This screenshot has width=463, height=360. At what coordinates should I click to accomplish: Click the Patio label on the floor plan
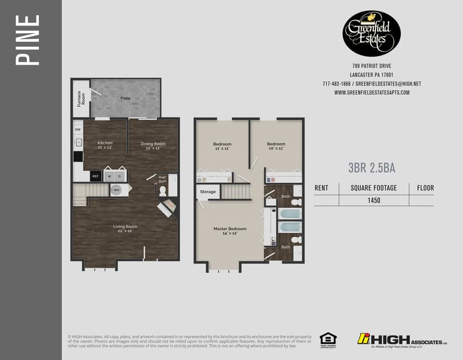pyautogui.click(x=125, y=98)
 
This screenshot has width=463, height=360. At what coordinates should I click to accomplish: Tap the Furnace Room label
pyautogui.click(x=81, y=98)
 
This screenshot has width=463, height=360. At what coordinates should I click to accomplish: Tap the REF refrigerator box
pyautogui.click(x=96, y=177)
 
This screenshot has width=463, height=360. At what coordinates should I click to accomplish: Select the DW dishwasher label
pyautogui.click(x=78, y=130)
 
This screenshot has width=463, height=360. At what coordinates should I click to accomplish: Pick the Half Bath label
pyautogui.click(x=162, y=179)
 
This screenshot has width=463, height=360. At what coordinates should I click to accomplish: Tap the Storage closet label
pyautogui.click(x=208, y=191)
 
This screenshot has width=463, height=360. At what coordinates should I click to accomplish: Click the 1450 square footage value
pyautogui.click(x=374, y=201)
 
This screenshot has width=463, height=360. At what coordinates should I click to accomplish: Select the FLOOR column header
pyautogui.click(x=425, y=187)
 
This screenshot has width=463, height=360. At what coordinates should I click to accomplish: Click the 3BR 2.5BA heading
pyautogui.click(x=372, y=168)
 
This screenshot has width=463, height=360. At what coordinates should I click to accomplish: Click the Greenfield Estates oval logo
pyautogui.click(x=372, y=33)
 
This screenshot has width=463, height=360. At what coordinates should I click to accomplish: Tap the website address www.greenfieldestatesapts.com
pyautogui.click(x=372, y=93)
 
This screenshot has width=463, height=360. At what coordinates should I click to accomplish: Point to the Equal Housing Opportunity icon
pyautogui.click(x=328, y=339)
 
